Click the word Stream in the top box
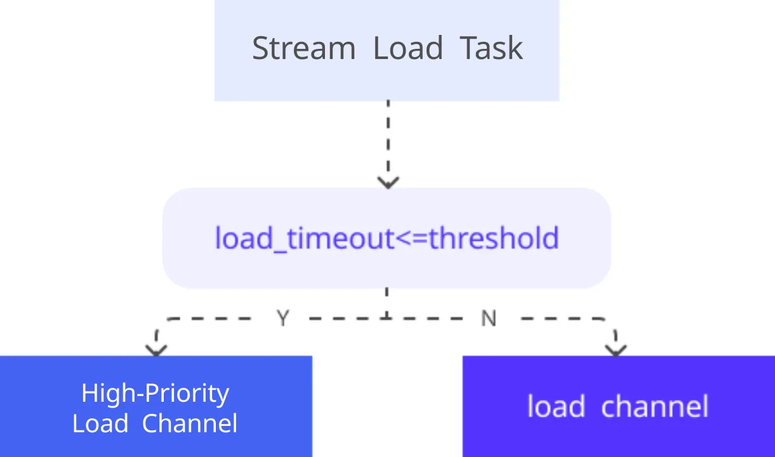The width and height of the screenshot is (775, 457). [303, 49]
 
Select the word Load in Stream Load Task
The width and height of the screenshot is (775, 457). [407, 49]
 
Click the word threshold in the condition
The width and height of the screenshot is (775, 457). [494, 239]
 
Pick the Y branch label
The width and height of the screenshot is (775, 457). [283, 318]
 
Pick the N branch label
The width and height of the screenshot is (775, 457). [488, 319]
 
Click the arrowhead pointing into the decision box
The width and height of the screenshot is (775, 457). [388, 182]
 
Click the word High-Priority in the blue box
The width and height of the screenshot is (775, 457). [155, 394]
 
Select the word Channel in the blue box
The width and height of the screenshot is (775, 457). [190, 423]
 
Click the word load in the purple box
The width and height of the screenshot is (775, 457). [555, 406]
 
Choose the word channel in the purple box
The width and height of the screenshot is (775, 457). [654, 406]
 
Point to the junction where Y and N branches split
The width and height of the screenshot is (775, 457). [387, 317]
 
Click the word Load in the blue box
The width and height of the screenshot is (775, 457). [100, 423]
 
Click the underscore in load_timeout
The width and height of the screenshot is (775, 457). [282, 249]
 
